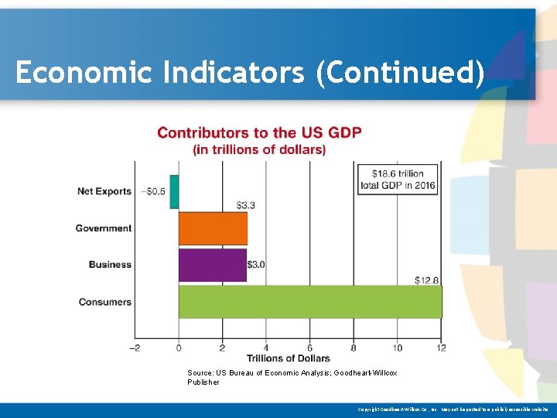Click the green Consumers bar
[x=310, y=302]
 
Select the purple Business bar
[x=212, y=265]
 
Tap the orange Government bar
[x=213, y=228]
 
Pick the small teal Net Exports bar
[x=175, y=192]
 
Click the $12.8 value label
[x=427, y=279]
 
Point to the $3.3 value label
[x=245, y=205]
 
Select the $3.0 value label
[x=256, y=265]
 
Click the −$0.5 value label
[x=153, y=192]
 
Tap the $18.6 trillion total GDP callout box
[x=398, y=179]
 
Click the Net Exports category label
[x=104, y=192]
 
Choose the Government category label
[x=104, y=228]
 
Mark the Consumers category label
[x=105, y=302]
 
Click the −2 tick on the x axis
[x=135, y=348]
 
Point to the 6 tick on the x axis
[x=310, y=348]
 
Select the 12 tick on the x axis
[x=442, y=348]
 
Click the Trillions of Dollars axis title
[x=288, y=358]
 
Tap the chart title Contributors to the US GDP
[x=259, y=133]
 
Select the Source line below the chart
[x=292, y=377]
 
